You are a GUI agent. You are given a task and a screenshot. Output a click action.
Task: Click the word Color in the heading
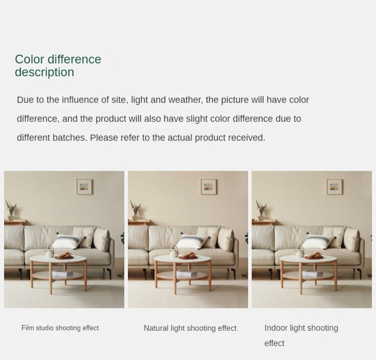point(30,59)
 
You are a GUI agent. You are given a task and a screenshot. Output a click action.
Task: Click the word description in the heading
point(45,72)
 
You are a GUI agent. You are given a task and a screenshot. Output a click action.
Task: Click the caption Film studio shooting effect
point(60,328)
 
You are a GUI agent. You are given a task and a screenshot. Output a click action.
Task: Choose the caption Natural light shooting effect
point(190,328)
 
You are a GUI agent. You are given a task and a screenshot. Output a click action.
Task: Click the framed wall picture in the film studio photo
point(84,187)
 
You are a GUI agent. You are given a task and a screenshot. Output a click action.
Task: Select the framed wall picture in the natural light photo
point(209,187)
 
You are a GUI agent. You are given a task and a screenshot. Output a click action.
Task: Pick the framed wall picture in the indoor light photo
point(335,187)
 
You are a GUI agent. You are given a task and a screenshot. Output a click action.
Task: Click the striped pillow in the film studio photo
point(69,241)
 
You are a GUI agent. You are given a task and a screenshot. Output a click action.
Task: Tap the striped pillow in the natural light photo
point(192,241)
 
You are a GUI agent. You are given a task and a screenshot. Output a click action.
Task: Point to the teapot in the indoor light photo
point(300,252)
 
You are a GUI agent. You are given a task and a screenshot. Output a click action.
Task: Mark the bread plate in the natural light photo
point(188,256)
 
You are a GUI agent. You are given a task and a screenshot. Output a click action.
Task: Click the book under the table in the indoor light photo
point(313,273)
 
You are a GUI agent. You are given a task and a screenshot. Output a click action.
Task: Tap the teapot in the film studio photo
point(50,252)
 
